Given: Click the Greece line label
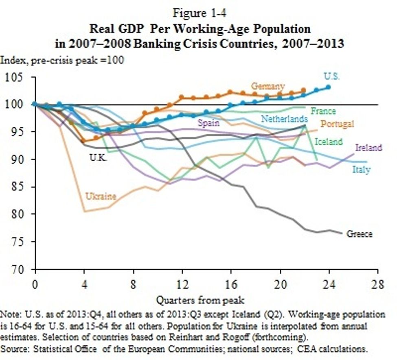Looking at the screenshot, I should tap(360, 234).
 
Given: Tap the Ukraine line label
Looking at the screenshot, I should tap(100, 196).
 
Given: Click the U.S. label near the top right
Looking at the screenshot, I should tap(332, 76).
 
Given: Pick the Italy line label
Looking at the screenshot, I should tap(362, 170).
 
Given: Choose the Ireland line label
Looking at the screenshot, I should tap(369, 147).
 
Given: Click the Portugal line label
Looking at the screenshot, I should tap(338, 124).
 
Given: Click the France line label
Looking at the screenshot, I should tap(323, 111).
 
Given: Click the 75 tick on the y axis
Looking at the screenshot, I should tap(18, 242).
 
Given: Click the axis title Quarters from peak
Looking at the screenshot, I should tap(200, 301).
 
